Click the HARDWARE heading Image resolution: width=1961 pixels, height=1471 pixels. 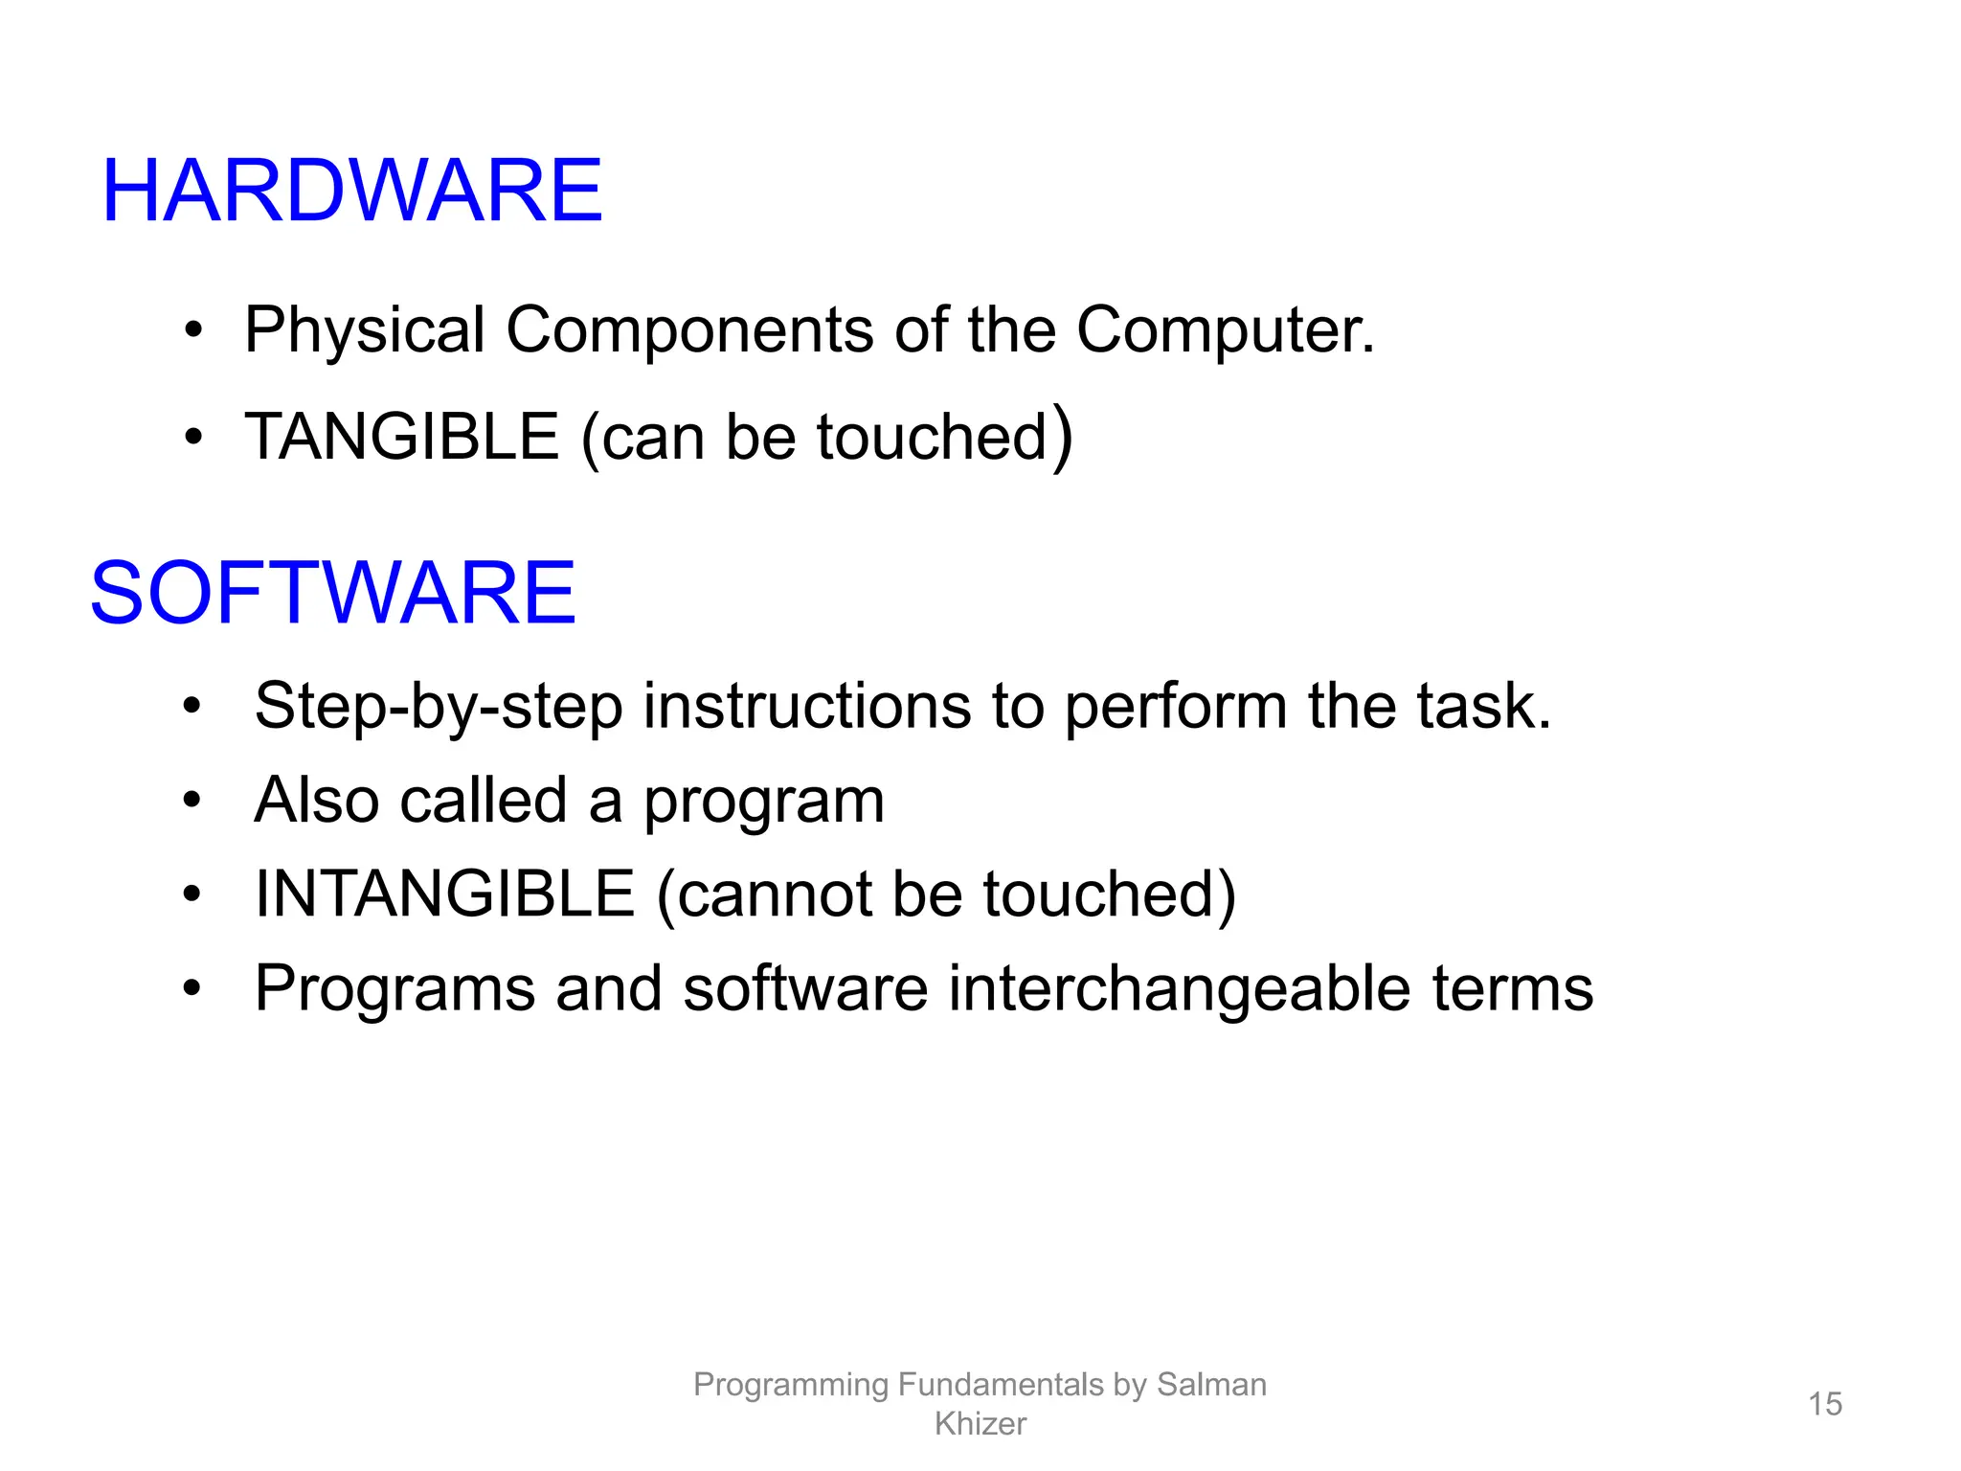tap(351, 191)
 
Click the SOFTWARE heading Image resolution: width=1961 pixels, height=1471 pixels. tap(332, 593)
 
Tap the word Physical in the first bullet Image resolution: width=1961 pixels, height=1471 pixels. tap(364, 330)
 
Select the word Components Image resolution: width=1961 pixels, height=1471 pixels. tap(688, 330)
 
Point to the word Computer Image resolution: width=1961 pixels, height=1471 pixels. tap(1224, 330)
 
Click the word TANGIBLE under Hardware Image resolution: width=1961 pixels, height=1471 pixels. tap(401, 437)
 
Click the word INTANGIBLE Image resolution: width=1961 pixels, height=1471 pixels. tap(444, 894)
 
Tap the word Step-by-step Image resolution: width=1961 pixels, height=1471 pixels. tap(438, 707)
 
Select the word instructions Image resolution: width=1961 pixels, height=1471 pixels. tap(806, 706)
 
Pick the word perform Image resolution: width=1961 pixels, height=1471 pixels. tap(1175, 707)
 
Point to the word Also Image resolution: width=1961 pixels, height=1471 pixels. tap(316, 800)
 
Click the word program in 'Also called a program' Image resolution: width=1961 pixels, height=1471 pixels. tap(763, 802)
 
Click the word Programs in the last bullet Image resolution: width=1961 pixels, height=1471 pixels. tap(394, 989)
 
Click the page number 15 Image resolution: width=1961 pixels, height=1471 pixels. tap(1824, 1404)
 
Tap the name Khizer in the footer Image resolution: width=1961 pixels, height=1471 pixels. tap(980, 1424)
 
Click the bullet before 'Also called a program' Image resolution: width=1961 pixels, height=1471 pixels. tap(192, 800)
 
